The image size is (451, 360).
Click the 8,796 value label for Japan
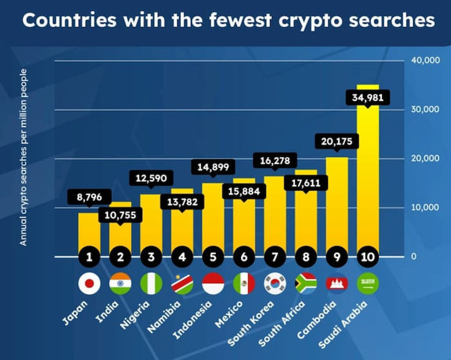coord(89,197)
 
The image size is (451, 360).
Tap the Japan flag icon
coord(89,283)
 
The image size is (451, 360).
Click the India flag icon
coord(120,283)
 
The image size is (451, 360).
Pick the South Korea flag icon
coord(275,283)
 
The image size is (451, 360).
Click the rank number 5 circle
coord(213,255)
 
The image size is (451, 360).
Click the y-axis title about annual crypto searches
coord(24,157)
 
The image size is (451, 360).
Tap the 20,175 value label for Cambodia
coord(337,141)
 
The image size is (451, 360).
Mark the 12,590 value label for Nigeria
coord(151,179)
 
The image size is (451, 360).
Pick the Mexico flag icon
coord(244,283)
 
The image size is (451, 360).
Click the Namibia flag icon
coord(182,283)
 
